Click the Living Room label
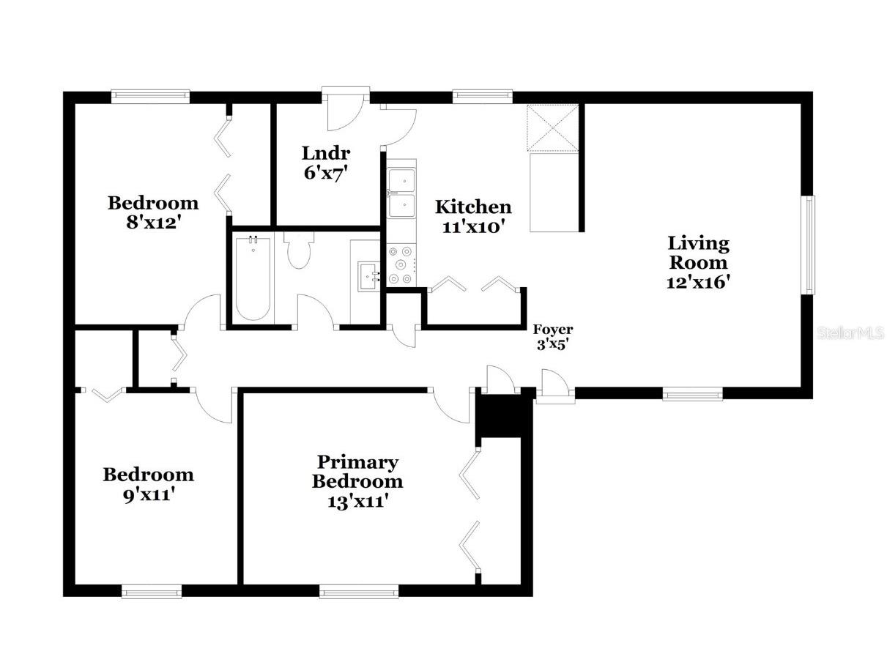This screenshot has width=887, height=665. [x=698, y=253]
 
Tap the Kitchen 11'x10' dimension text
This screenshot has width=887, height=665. [x=473, y=227]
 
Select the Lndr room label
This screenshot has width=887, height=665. [x=325, y=154]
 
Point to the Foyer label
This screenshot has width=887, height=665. [x=552, y=330]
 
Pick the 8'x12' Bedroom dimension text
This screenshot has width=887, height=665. [x=152, y=223]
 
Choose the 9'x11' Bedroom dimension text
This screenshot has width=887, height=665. [x=148, y=494]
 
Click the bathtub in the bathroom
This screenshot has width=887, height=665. [x=253, y=278]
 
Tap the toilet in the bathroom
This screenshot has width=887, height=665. [x=299, y=249]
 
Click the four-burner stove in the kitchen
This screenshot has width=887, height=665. [x=401, y=264]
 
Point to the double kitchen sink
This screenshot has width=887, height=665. [x=401, y=193]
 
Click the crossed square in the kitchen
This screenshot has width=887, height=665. [x=553, y=127]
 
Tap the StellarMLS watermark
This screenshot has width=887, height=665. [x=850, y=333]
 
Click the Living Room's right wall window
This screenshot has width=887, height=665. [x=807, y=245]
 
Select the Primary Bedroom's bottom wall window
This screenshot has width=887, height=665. [x=359, y=590]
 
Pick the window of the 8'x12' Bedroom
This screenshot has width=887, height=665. [x=150, y=96]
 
